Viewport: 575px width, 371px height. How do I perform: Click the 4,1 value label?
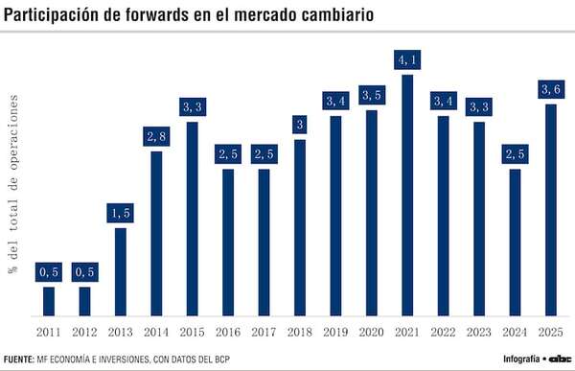pos(407,60)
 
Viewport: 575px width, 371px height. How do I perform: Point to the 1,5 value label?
pos(120,213)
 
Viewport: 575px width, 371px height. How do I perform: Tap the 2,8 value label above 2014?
pos(155,136)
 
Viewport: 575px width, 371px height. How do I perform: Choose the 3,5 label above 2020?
pos(372,96)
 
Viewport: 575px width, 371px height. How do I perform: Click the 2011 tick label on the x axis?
pos(48,332)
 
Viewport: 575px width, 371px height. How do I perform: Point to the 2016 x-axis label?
pos(227,332)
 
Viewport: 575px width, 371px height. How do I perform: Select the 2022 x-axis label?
pos(443,332)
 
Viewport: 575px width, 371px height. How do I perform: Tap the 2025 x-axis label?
pos(551,332)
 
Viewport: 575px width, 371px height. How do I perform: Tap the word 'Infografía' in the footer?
pos(521,359)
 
